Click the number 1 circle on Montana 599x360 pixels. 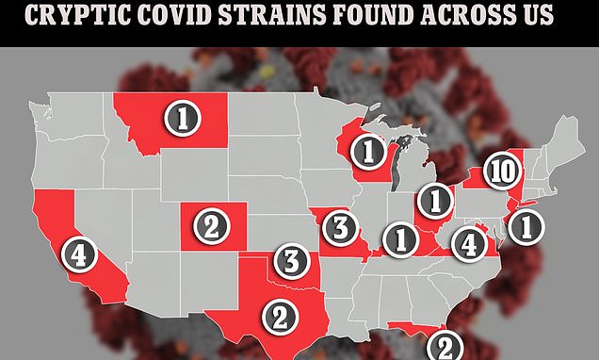[x=182, y=118]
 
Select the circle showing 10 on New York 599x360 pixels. [x=505, y=172]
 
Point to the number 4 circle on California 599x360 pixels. [x=80, y=253]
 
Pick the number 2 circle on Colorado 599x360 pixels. [x=212, y=226]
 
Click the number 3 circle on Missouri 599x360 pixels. [x=340, y=227]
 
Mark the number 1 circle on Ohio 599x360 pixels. [x=434, y=200]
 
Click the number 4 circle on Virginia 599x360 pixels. [x=467, y=242]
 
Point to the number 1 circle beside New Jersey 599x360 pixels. [x=527, y=226]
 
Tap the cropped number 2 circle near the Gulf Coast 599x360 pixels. [x=445, y=345]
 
